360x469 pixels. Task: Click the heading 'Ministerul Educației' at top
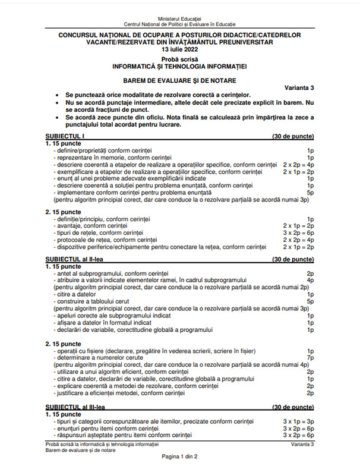179,18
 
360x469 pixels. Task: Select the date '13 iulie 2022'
179,50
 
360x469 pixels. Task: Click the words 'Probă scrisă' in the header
179,60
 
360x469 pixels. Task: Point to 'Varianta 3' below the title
299,87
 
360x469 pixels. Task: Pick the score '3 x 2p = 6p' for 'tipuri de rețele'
298,234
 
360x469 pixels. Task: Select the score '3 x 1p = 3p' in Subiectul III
298,421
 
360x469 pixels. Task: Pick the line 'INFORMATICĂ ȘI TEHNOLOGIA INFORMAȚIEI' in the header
179,67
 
